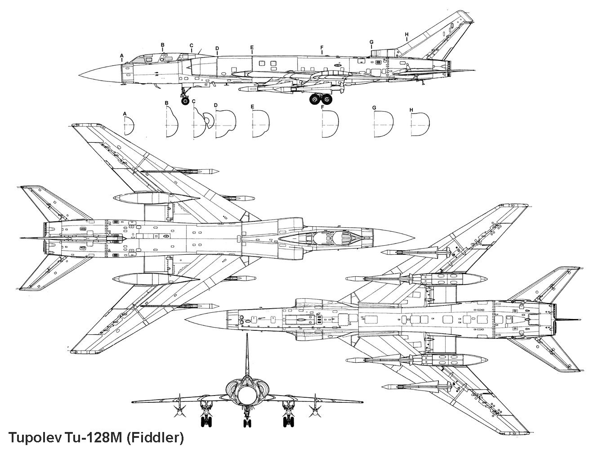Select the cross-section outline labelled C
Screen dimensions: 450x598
(x=202, y=125)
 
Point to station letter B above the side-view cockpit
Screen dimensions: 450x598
(x=163, y=45)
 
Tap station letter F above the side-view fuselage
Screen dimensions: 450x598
(x=322, y=47)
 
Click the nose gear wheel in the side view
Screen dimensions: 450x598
(x=185, y=100)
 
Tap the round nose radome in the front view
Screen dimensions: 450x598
(x=247, y=396)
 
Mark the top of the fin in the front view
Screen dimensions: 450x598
(x=247, y=335)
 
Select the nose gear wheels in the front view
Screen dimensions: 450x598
(x=247, y=422)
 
